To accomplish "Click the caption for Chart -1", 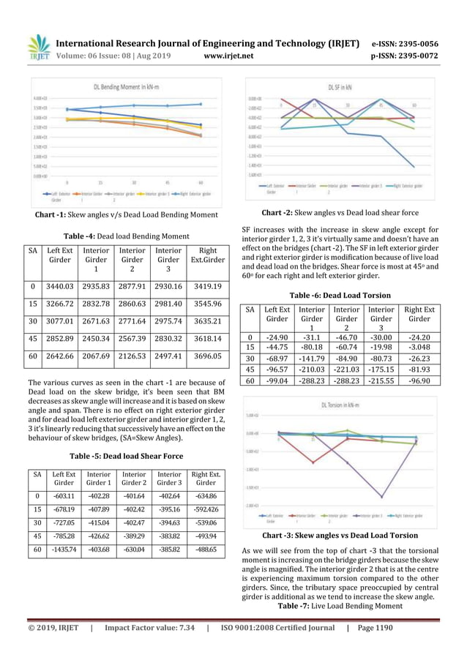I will (x=126, y=214).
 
